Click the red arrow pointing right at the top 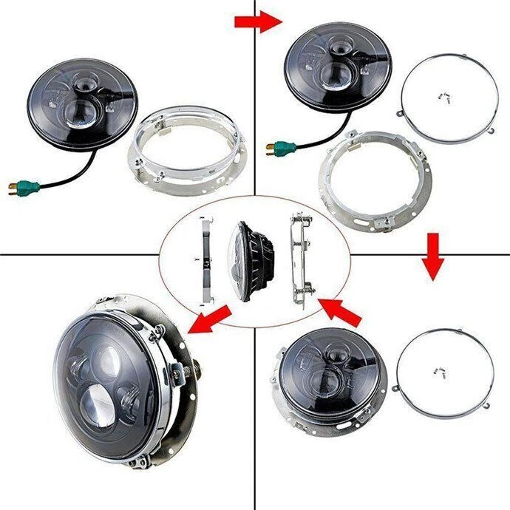pyautogui.click(x=258, y=21)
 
